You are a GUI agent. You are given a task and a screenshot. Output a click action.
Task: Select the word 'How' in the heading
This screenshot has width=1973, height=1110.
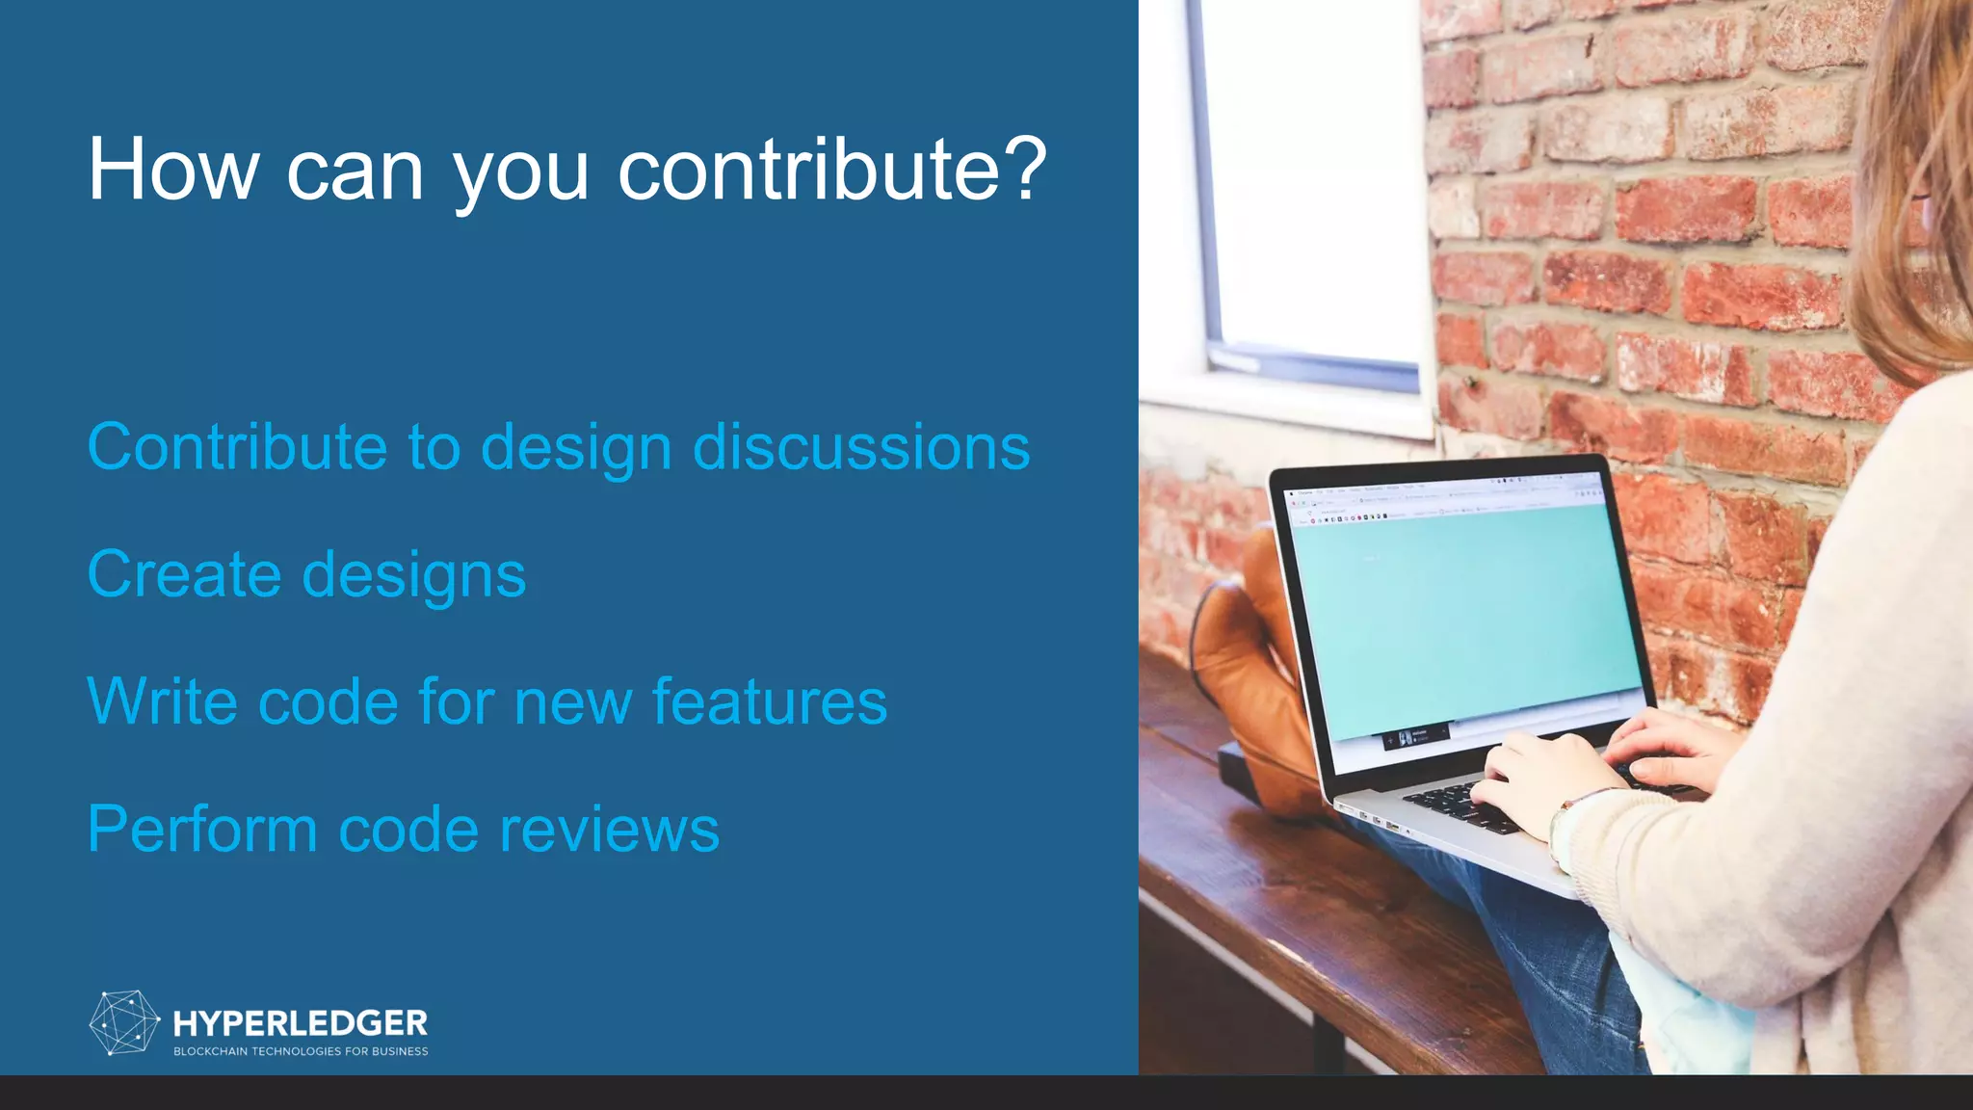pos(173,170)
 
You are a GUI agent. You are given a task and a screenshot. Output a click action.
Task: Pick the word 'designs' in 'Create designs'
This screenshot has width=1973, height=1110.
pos(414,576)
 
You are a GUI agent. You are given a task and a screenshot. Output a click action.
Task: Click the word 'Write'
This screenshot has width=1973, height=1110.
pos(162,701)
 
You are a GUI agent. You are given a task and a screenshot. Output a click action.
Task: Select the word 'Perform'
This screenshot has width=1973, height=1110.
pos(202,830)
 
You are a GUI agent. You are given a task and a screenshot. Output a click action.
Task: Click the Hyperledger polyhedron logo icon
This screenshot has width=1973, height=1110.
pos(124,1022)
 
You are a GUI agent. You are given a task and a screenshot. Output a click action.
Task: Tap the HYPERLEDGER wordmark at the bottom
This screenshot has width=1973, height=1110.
pos(301,1022)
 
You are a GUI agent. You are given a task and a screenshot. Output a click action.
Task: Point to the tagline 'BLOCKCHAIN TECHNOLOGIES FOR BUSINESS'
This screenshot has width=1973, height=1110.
pos(301,1051)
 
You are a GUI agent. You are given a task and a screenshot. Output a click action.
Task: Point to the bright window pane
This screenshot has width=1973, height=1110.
pos(1310,173)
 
